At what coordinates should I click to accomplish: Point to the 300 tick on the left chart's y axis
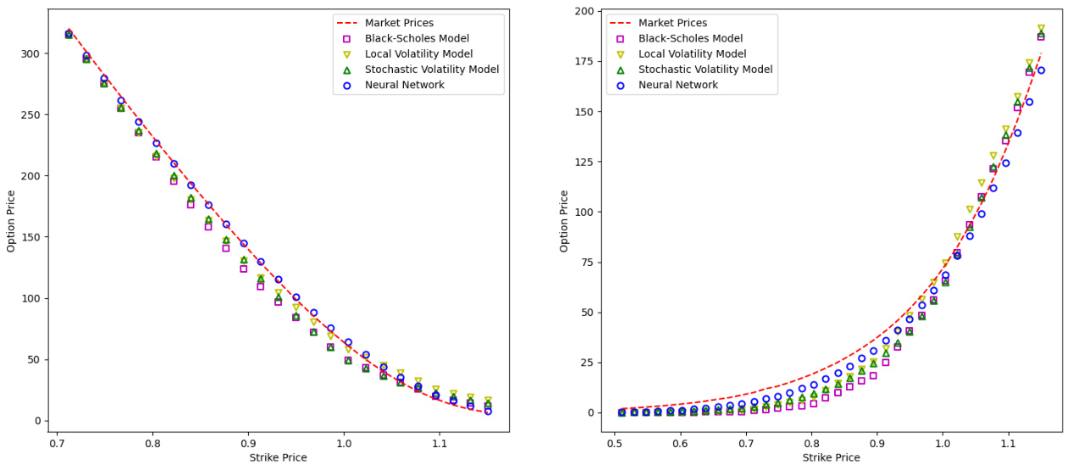click(30, 53)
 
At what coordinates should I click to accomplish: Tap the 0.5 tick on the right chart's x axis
click(615, 443)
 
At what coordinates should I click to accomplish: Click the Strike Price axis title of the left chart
click(278, 457)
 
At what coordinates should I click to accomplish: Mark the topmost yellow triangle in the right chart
click(1041, 29)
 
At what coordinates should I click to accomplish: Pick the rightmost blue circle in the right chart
click(1041, 70)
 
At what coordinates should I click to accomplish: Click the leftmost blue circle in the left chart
click(69, 33)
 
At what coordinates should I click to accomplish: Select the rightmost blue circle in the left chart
click(488, 411)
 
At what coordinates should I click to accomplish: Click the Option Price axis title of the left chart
click(12, 220)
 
